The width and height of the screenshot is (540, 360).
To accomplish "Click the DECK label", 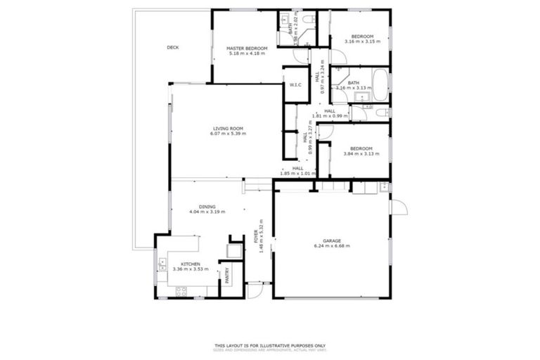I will [x=172, y=48].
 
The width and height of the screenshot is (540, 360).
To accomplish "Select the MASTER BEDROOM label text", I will [x=246, y=49].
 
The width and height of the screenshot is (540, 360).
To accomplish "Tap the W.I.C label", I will [x=295, y=85].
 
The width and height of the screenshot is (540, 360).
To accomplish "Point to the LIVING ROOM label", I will [x=228, y=129].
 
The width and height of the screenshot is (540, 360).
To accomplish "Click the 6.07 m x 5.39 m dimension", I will [x=228, y=134].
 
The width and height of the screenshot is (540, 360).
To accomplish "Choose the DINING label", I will [x=207, y=207].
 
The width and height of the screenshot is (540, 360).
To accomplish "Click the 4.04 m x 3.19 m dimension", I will [x=207, y=212].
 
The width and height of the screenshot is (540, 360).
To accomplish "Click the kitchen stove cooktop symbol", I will [x=181, y=290].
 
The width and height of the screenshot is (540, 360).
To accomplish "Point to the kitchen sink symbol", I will [x=162, y=264].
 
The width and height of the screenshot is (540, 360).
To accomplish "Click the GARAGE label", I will [x=331, y=241].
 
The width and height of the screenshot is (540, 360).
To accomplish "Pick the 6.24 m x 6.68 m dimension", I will [x=331, y=246].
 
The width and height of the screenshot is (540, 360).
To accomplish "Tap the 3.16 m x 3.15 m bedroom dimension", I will [x=362, y=41].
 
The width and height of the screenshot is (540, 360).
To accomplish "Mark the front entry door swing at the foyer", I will [x=255, y=288].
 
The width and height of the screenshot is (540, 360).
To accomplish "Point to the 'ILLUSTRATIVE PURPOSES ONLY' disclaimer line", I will [x=270, y=345].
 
